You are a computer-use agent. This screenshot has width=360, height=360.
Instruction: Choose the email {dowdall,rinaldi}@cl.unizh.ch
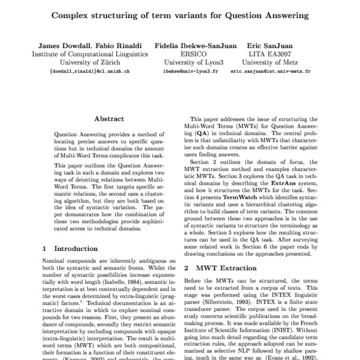pyautogui.click(x=90, y=70)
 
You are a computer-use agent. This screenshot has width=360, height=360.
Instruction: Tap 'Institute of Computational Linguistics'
pyautogui.click(x=90, y=53)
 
